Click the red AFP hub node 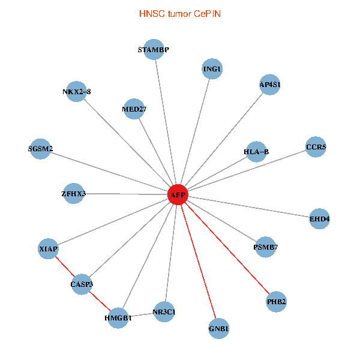178,194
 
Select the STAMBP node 154,50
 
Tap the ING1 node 212,69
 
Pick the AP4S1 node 270,85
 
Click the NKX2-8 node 77,92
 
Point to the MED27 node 134,109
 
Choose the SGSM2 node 41,149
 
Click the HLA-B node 256,152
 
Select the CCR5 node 316,146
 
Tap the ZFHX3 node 74,194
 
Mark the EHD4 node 319,219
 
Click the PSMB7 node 266,247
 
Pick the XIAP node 48,248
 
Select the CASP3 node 82,283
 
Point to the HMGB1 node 118,317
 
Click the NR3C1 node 164,311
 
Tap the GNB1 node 218,328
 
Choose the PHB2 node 276,301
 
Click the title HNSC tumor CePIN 179,13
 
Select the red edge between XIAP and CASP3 65,266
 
